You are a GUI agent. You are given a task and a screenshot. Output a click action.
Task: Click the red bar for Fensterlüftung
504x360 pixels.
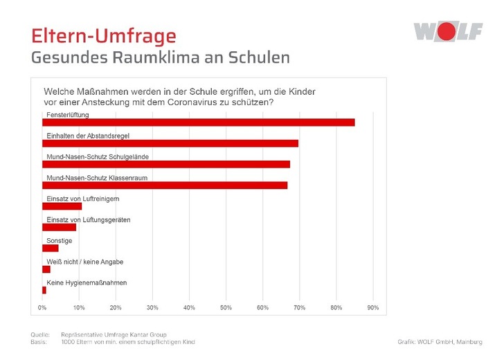198,123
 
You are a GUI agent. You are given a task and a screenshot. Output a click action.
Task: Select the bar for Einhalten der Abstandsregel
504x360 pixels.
170,143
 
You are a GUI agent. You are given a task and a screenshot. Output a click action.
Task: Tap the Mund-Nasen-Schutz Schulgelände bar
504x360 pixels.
166,164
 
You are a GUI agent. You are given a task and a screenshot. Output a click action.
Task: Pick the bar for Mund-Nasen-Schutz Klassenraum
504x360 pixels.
165,186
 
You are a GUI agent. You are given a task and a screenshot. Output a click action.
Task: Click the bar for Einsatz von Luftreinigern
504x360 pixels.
62,206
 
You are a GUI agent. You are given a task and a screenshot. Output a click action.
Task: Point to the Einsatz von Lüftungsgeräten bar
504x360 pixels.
59,227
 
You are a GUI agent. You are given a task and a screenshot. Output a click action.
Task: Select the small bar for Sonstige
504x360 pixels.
51,248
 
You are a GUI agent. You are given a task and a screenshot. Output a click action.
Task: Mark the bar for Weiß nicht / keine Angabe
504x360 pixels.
46,269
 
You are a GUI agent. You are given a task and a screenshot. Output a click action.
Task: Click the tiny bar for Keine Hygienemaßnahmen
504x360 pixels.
44,290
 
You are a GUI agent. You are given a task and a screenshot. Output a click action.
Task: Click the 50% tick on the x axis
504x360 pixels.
226,307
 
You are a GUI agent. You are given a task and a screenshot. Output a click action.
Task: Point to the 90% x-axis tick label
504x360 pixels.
372,307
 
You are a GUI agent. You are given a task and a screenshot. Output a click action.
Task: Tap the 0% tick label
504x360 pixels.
42,307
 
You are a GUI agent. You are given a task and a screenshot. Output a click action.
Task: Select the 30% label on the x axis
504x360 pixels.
152,307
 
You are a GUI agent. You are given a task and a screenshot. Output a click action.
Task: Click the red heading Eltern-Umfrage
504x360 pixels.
104,35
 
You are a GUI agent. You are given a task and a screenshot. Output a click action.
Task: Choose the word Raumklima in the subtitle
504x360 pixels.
162,57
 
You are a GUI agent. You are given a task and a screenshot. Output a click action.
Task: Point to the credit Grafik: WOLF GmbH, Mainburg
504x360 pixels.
440,342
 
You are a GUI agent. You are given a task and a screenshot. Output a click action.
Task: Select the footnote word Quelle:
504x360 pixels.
40,335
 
